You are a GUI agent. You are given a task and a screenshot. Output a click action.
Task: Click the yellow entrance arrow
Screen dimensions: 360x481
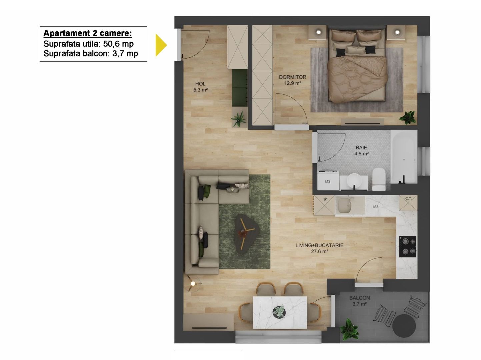(x=161, y=45)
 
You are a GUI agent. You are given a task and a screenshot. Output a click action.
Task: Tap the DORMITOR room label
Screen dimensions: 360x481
(x=292, y=80)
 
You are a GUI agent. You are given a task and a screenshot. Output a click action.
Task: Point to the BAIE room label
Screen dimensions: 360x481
(x=361, y=150)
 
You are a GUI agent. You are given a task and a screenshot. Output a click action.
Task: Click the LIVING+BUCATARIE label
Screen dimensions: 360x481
(x=319, y=248)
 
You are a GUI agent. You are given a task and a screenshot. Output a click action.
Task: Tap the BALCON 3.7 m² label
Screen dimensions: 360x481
(x=359, y=301)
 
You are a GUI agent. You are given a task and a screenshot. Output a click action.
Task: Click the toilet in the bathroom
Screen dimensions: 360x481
(x=379, y=178)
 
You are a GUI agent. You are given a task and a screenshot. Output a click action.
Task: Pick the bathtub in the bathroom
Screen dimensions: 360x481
(x=404, y=157)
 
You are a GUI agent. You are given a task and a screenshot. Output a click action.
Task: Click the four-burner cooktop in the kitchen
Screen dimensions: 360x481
(x=408, y=246)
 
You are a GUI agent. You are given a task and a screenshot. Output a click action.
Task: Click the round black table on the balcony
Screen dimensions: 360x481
(x=404, y=325)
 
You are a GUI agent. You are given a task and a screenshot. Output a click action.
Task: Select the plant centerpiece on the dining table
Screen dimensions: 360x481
(x=279, y=312)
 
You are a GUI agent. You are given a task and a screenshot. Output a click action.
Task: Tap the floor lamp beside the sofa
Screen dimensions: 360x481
(x=193, y=284)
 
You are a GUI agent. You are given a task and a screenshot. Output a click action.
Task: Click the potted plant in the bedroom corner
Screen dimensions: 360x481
(x=408, y=117)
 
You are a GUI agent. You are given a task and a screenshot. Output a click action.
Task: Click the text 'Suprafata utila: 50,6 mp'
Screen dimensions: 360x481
(x=88, y=44)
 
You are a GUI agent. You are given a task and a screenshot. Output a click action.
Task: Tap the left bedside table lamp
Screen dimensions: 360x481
(x=319, y=32)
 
